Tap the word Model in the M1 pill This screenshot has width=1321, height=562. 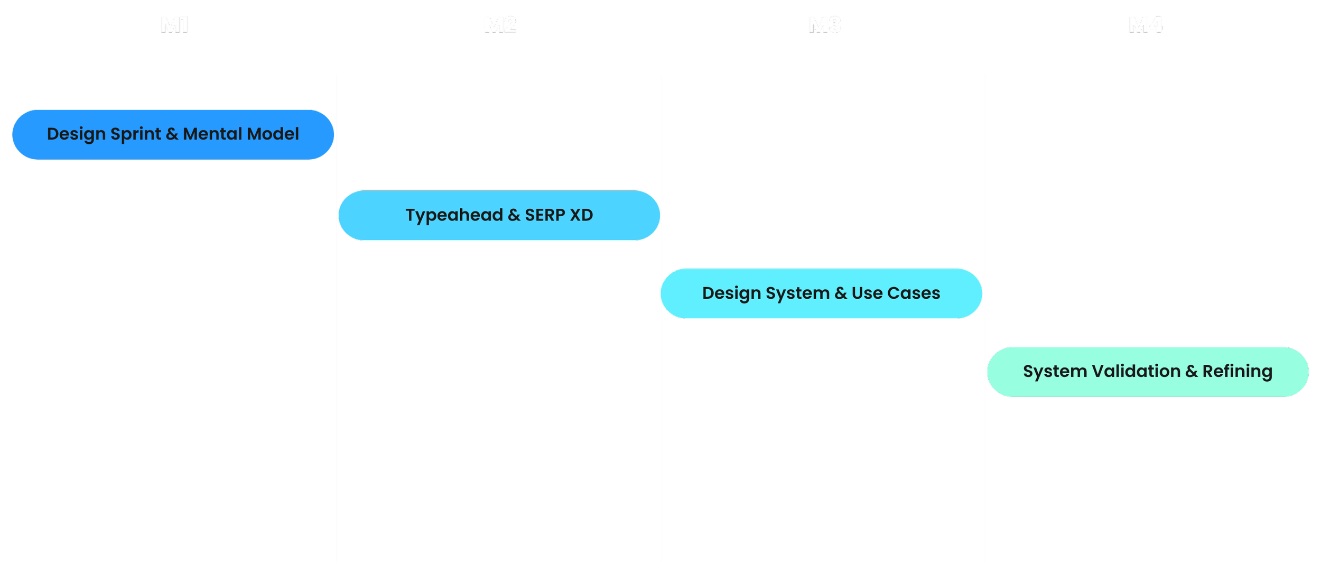273,134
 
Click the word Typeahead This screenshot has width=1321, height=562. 454,215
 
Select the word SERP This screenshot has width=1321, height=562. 545,215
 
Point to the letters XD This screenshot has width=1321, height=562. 581,215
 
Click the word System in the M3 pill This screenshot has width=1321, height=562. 797,293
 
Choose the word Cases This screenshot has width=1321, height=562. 914,293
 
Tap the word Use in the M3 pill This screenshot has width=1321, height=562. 867,293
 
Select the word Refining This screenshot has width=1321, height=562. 1237,372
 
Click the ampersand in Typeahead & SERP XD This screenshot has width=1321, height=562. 514,215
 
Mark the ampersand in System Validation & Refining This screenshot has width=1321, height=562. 1191,371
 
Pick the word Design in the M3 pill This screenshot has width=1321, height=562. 731,293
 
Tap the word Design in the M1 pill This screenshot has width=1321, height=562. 76,134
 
